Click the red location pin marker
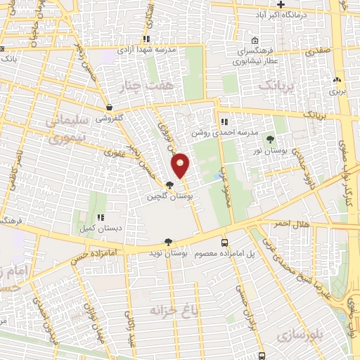181,166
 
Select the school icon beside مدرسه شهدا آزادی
146,39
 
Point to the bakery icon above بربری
337,81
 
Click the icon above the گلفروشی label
110,108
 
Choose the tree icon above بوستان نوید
168,241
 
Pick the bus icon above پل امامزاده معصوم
225,242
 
